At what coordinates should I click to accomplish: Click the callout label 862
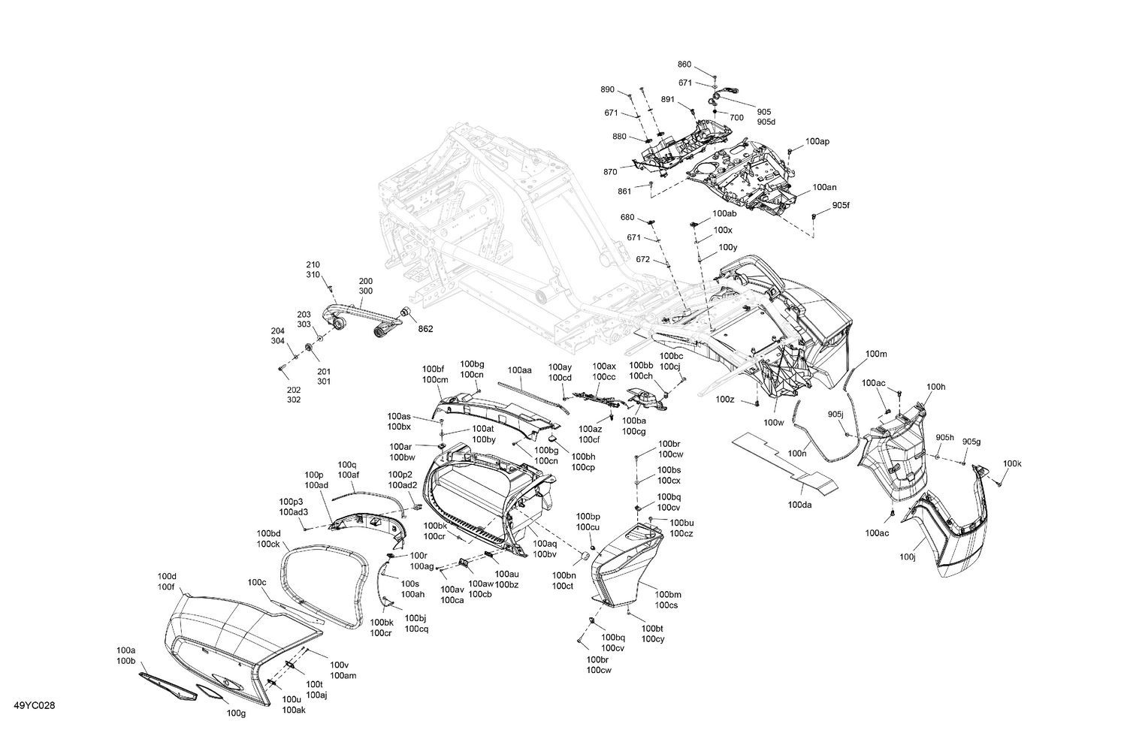(x=425, y=329)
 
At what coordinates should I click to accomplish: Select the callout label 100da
(x=800, y=505)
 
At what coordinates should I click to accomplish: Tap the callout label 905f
(x=841, y=205)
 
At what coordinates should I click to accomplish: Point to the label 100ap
(x=817, y=141)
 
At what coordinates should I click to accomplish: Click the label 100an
(x=824, y=187)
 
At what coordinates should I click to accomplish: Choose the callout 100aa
(x=519, y=370)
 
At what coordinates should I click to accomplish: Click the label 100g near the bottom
(x=236, y=713)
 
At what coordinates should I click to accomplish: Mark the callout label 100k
(x=1012, y=463)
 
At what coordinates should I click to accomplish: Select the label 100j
(x=908, y=557)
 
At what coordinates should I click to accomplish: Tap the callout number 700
(x=736, y=118)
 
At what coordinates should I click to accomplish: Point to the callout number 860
(x=684, y=65)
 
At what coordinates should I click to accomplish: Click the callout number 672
(x=642, y=259)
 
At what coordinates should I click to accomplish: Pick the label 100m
(x=876, y=354)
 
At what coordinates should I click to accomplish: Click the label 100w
(x=773, y=423)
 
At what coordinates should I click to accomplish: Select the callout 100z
(x=725, y=399)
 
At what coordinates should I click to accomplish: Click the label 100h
(x=935, y=387)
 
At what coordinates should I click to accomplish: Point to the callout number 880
(x=619, y=137)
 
